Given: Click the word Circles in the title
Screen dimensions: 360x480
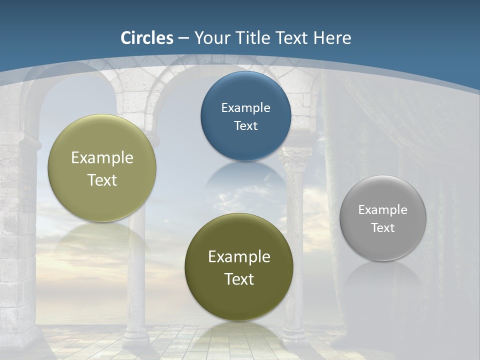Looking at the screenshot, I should pos(147,38).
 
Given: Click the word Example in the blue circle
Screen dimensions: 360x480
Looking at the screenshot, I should pos(245,107).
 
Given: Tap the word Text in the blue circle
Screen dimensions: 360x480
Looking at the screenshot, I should pos(245,125).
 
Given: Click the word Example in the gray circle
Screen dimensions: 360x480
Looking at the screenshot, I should pos(383,209).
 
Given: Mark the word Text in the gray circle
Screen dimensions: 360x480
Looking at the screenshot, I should pos(383,227).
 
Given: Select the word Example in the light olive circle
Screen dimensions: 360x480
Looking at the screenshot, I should pos(102,157).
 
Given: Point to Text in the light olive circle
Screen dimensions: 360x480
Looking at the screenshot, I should pos(102,180).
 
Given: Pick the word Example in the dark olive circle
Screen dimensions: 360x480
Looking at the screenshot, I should pos(239,256).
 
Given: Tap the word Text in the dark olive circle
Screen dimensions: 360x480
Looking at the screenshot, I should pos(239,279).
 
